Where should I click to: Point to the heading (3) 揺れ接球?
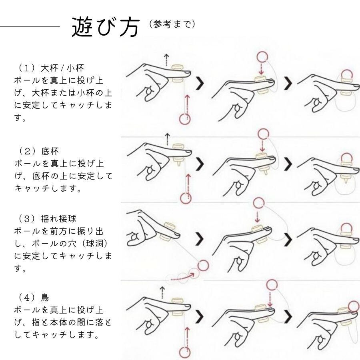tap(48, 219)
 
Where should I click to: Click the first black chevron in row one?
tap(200, 83)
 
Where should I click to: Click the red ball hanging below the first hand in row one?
tap(185, 118)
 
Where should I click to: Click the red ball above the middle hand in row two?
tap(262, 134)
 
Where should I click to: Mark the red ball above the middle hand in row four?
tap(272, 285)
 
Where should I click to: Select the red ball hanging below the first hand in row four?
tap(185, 352)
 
